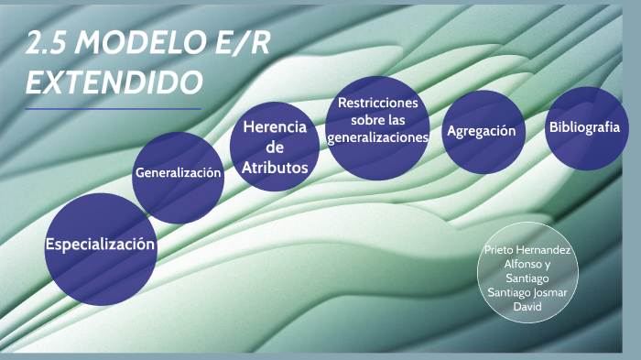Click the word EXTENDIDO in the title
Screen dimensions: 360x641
tap(114, 83)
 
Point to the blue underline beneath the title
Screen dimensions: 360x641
tap(113, 108)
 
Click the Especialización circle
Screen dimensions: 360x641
tap(101, 245)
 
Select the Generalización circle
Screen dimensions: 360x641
tap(179, 173)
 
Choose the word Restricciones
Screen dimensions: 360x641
tap(378, 103)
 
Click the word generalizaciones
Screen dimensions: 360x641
tap(378, 137)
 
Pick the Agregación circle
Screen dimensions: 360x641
tap(481, 131)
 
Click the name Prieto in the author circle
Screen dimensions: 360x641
tap(502, 248)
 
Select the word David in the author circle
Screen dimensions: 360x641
tap(527, 306)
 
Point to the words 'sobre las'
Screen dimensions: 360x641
tap(378, 120)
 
